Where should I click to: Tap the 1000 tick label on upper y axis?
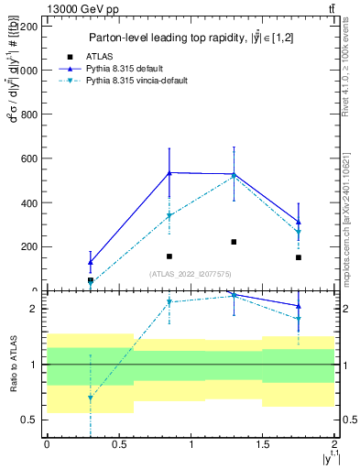pyautogui.click(x=28, y=71)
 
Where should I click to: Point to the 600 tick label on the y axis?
pyautogui.click(x=31, y=158)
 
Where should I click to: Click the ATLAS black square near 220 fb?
pyautogui.click(x=234, y=242)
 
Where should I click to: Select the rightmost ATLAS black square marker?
pyautogui.click(x=299, y=257)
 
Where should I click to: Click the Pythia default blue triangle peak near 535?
pyautogui.click(x=169, y=172)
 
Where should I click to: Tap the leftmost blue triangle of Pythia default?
pyautogui.click(x=90, y=262)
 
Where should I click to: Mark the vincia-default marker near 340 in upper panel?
pyautogui.click(x=169, y=216)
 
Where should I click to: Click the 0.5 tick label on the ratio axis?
pyautogui.click(x=30, y=420)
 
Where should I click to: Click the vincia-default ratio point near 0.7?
pyautogui.click(x=90, y=398)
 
